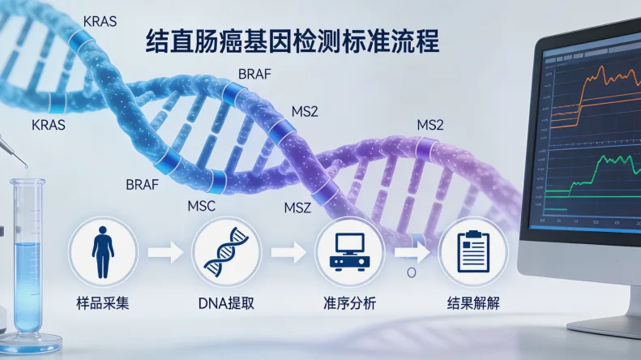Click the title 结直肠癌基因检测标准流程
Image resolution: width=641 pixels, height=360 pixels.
point(292,41)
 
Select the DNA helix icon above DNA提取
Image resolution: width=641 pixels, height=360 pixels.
point(226,250)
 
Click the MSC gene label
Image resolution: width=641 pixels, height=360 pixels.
point(201,206)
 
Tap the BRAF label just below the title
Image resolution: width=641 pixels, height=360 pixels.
point(254,74)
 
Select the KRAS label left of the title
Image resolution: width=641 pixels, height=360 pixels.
point(100,21)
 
